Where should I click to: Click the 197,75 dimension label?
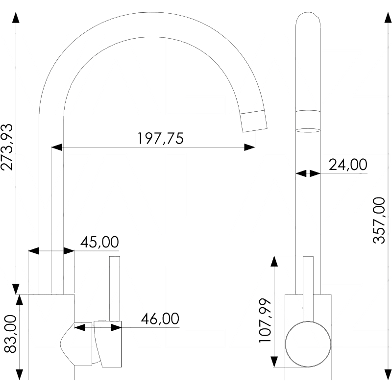coord(160,139)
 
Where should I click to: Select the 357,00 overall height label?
coord(380,220)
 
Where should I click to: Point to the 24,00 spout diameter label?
coord(348,165)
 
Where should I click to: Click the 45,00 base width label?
coord(99,243)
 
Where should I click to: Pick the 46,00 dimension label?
coord(160,319)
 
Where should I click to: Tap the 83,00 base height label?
coord(10,334)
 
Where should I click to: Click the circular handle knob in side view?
coord(308,345)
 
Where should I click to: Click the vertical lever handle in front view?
coord(115,287)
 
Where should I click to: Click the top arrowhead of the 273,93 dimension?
coord(16,18)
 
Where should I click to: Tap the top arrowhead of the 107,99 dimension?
coord(274,261)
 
